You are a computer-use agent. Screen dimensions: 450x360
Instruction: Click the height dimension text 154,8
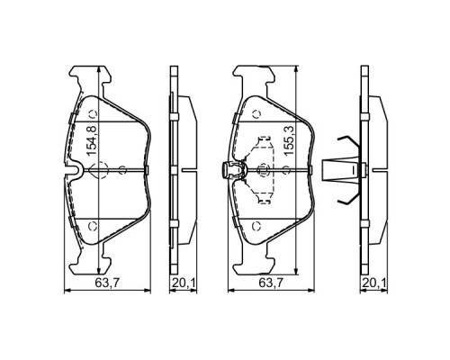(92, 140)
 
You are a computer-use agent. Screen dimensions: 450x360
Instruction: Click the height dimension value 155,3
(289, 140)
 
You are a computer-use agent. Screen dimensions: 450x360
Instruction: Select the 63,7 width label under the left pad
(107, 283)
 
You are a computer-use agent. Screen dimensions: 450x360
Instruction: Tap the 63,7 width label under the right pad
(271, 283)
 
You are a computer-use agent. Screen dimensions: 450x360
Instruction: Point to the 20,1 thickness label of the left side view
(184, 283)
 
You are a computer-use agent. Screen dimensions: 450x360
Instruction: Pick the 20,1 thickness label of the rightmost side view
(374, 283)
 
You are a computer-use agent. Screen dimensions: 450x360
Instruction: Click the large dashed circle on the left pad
(101, 170)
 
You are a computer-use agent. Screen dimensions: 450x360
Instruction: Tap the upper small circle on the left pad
(93, 114)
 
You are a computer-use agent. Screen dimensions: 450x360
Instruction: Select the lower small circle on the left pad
(93, 226)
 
